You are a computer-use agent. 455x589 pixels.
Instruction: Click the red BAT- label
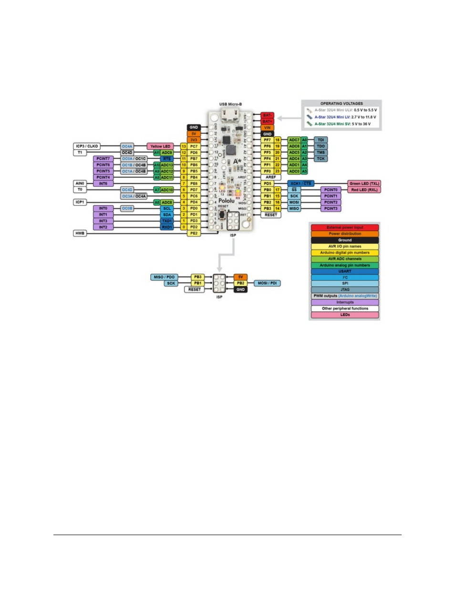click(x=267, y=115)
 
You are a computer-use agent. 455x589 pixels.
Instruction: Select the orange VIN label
click(x=267, y=127)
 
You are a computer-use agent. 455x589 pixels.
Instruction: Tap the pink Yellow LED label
click(x=160, y=146)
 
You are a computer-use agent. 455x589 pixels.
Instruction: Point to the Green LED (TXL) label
click(x=364, y=184)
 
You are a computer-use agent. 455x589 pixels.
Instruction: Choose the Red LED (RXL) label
click(x=364, y=190)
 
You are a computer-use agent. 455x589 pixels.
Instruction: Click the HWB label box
click(x=80, y=233)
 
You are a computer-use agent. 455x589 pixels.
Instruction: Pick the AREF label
click(x=271, y=177)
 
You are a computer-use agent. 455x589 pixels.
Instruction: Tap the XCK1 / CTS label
click(x=300, y=184)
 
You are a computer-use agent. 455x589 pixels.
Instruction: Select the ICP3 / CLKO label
click(x=87, y=146)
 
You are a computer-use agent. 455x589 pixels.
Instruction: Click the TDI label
click(x=321, y=140)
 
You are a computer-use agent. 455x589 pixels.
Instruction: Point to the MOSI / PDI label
click(x=267, y=283)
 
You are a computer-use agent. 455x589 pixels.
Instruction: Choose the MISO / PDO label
click(x=164, y=277)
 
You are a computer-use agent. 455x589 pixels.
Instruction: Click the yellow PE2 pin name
click(x=194, y=233)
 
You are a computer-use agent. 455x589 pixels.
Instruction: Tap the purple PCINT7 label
click(x=103, y=159)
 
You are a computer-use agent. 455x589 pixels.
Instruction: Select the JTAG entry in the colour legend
click(x=345, y=289)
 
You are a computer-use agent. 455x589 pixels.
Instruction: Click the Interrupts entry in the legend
click(x=345, y=302)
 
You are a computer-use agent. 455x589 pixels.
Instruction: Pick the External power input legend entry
click(x=345, y=227)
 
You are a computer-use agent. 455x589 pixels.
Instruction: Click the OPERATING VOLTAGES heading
click(x=341, y=103)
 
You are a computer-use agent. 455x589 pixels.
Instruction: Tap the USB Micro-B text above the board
click(x=230, y=104)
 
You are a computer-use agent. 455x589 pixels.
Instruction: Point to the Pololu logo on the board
click(x=227, y=201)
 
